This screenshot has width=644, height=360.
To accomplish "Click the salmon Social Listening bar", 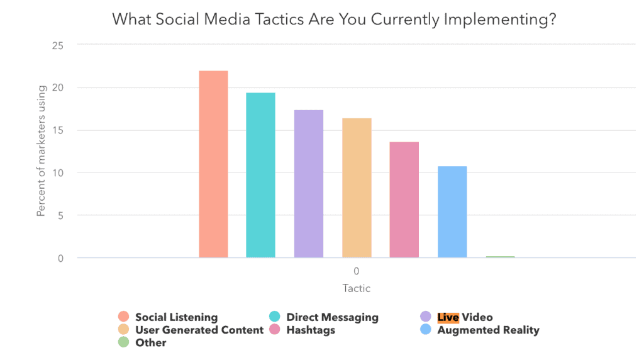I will [213, 164].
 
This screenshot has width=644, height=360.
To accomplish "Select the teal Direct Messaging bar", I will [260, 175].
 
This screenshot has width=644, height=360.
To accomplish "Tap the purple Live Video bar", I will [309, 184].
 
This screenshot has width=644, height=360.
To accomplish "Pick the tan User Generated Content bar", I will [357, 188].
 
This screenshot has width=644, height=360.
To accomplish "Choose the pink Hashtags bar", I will [404, 200].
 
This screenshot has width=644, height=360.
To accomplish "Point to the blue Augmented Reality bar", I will [452, 211].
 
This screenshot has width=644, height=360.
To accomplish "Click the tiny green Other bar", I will [500, 257].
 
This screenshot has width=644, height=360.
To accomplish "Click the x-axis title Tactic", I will [356, 288].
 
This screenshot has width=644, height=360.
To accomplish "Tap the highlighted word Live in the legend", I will [448, 317].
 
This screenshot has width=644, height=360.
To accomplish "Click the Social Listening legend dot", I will [123, 317].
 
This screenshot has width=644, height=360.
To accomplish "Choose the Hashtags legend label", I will [311, 330].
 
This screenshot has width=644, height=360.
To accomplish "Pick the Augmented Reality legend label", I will [488, 330].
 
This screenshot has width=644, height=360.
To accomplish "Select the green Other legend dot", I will [123, 342].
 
